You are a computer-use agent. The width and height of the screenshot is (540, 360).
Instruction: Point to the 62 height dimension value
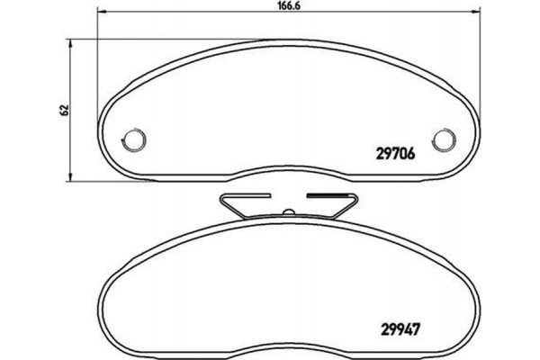point(63,109)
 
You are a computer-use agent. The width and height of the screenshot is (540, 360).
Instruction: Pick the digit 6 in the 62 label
point(63,112)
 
